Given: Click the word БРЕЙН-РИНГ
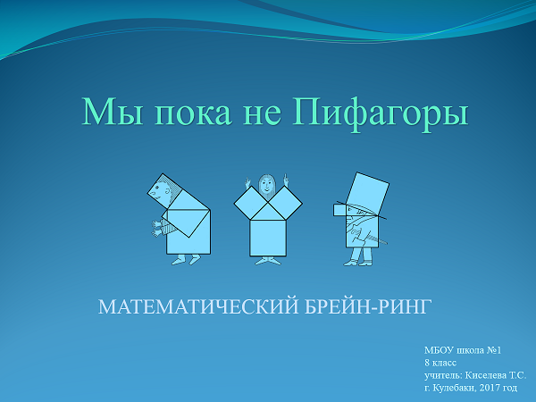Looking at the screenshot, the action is tap(365, 306).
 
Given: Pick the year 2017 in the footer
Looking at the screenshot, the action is tap(490, 388).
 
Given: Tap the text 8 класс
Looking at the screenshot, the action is tap(440, 363).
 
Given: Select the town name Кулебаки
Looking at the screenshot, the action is tap(453, 388).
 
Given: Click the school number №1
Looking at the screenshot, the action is tap(494, 350).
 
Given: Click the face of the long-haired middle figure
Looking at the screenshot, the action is tap(267, 186).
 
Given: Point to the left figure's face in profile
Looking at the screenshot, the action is tap(159, 191).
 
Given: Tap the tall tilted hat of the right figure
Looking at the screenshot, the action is tap(368, 194).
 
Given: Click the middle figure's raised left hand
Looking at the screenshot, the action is tap(285, 180).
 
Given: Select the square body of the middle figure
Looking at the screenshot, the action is tap(268, 238).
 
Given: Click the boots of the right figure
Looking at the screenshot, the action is tap(358, 262).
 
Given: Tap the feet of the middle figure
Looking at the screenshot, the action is tap(268, 261).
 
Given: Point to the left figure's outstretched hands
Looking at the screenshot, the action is tap(156, 229).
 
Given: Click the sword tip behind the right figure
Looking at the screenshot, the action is tap(386, 244).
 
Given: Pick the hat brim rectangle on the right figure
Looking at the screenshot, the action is tap(340, 210).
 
